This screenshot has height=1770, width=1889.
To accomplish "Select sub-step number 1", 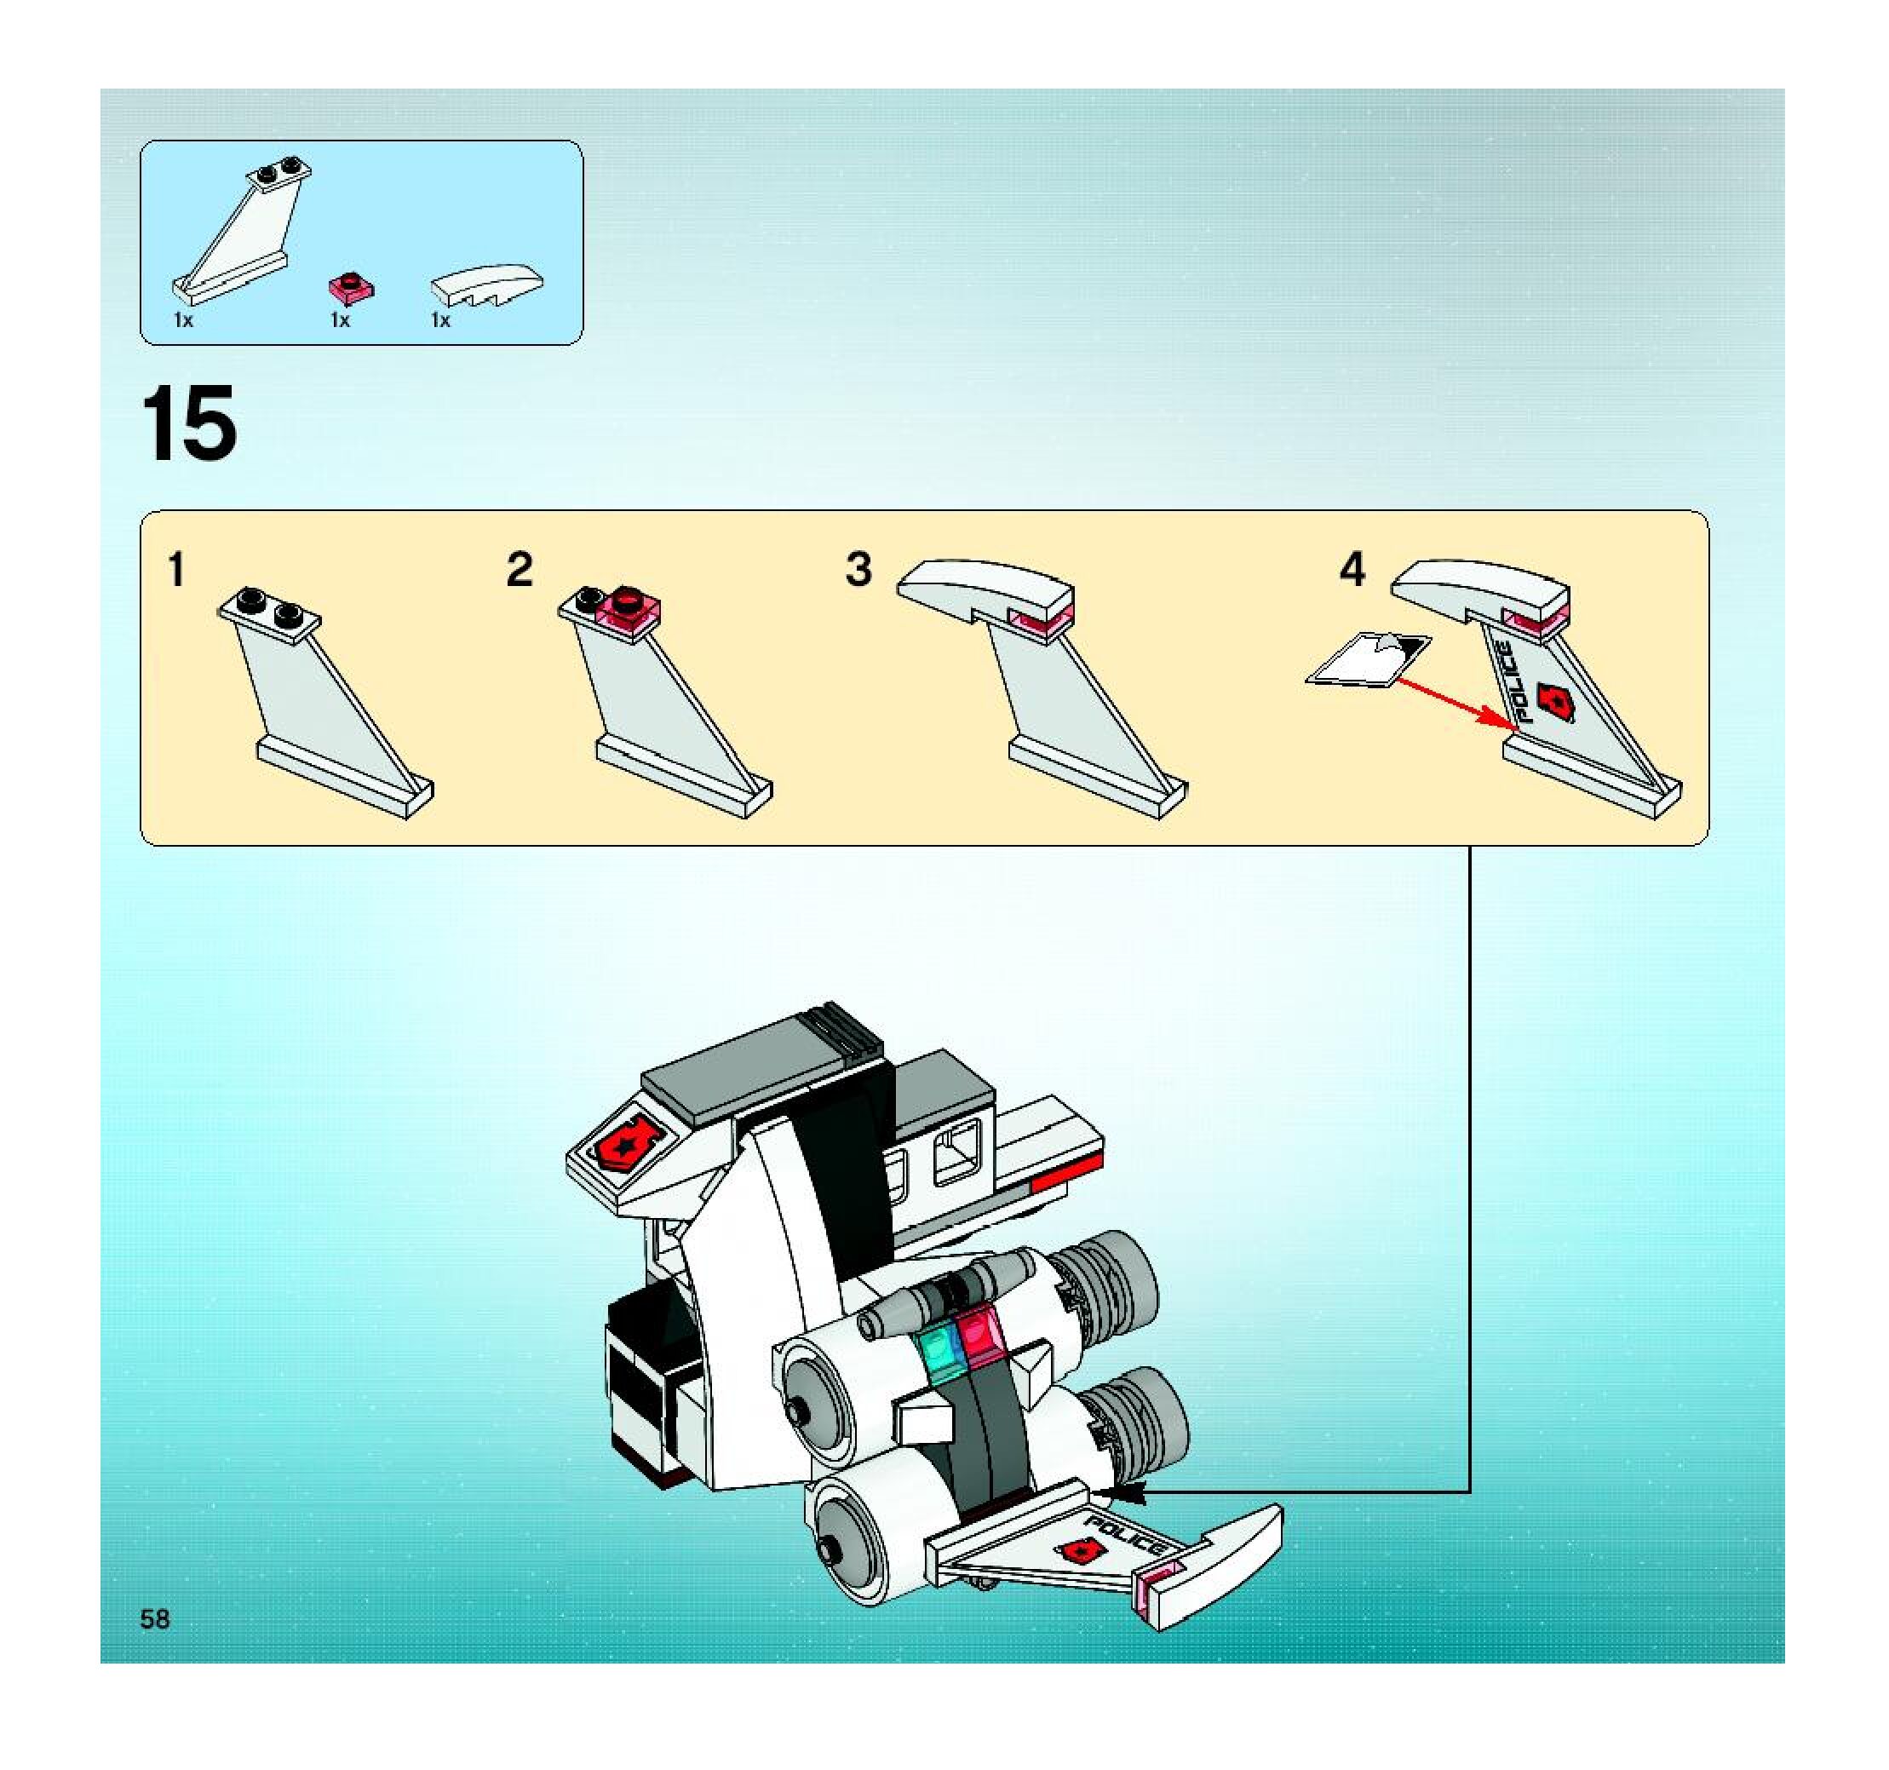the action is (175, 570).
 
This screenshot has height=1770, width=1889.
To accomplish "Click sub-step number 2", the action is (519, 570).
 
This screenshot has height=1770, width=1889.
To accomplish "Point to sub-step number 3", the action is (858, 570).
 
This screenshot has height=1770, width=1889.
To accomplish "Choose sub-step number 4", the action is (1352, 570).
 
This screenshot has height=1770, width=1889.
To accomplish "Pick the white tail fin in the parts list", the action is (243, 229).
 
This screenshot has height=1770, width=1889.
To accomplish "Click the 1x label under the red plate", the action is (339, 320).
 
